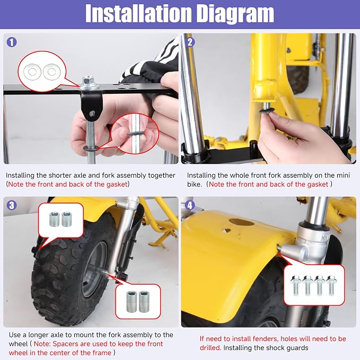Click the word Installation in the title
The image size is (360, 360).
[138, 14]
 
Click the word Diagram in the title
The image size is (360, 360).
[235, 15]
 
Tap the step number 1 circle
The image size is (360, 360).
[12, 42]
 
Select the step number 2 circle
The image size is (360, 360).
[190, 42]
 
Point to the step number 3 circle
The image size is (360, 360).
[12, 205]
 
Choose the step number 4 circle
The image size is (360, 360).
[190, 205]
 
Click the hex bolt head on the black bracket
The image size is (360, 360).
[88, 81]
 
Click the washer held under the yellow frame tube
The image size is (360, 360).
[266, 111]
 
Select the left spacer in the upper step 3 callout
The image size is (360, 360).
[55, 219]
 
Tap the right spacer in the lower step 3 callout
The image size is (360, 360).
[144, 302]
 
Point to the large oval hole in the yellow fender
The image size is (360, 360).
[242, 222]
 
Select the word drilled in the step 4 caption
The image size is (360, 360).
[210, 348]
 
